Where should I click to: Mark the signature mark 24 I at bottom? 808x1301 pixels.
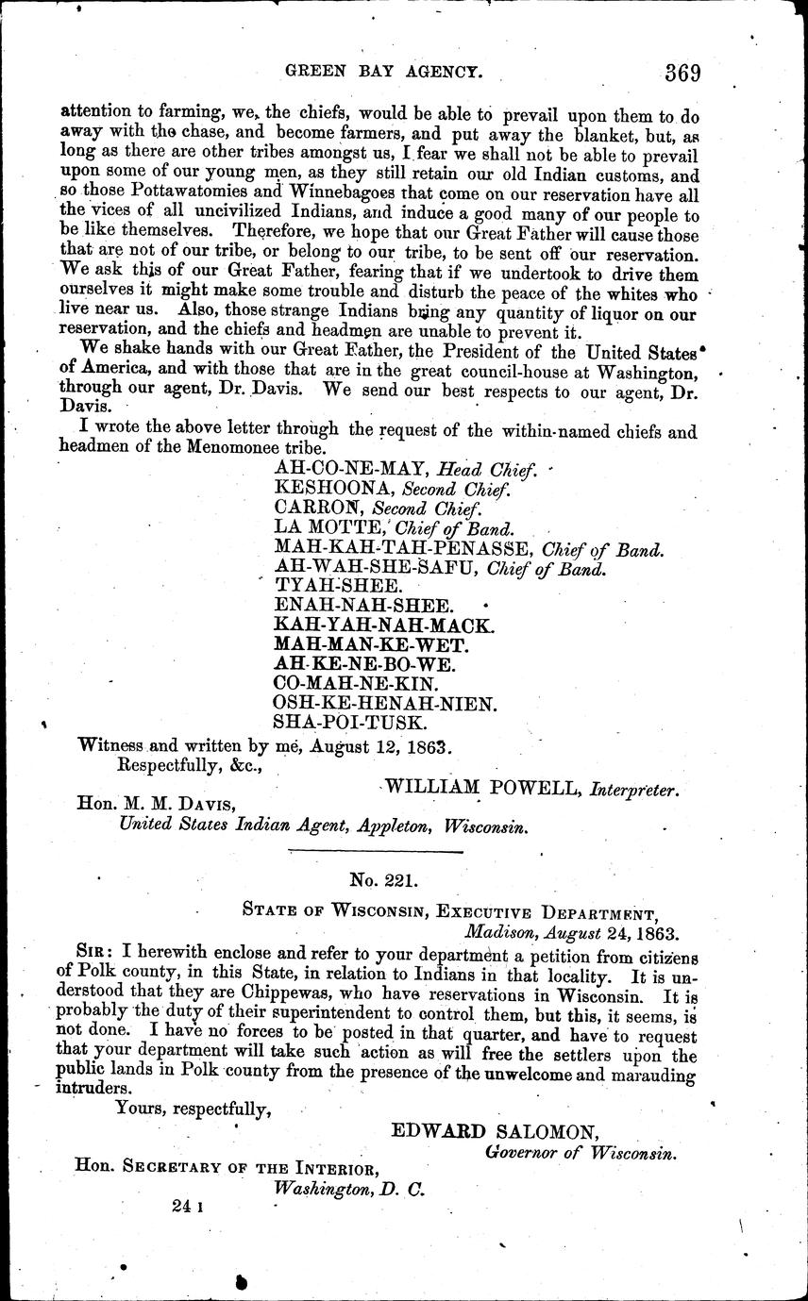(x=189, y=1206)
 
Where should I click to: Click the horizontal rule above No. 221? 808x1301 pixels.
(x=375, y=853)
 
